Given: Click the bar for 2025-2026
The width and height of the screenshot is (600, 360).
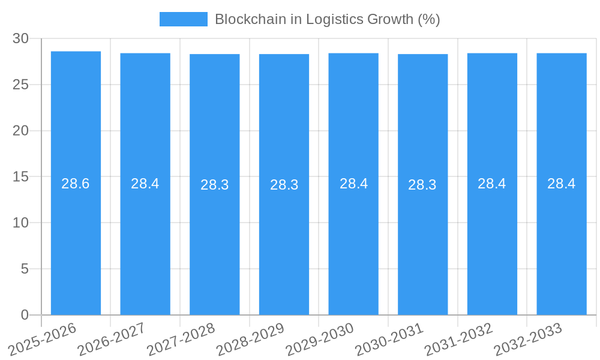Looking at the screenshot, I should pyautogui.click(x=76, y=240).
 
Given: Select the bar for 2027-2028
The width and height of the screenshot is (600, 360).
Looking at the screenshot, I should pyautogui.click(x=215, y=240).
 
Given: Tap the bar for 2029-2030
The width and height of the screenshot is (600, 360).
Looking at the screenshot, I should pyautogui.click(x=353, y=240).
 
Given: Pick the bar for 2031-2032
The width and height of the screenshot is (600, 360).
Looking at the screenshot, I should pyautogui.click(x=492, y=240).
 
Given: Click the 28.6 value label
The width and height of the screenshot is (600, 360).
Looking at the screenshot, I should pyautogui.click(x=76, y=184).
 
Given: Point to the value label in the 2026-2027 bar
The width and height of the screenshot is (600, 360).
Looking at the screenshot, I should pyautogui.click(x=145, y=184).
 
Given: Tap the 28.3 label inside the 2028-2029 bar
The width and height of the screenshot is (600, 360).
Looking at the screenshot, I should pyautogui.click(x=284, y=185).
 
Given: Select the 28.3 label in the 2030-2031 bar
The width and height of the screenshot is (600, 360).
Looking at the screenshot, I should pyautogui.click(x=422, y=185).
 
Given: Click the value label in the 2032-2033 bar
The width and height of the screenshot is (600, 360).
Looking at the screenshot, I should pyautogui.click(x=562, y=184).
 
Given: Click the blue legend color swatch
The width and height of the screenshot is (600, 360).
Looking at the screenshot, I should pyautogui.click(x=183, y=19).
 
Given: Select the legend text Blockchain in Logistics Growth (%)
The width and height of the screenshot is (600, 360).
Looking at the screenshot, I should pyautogui.click(x=328, y=19).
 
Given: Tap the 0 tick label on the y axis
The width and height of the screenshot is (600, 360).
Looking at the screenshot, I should pyautogui.click(x=25, y=315).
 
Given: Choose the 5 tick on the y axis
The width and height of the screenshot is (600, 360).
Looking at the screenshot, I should pyautogui.click(x=25, y=269).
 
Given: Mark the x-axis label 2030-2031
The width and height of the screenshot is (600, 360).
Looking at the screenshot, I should pyautogui.click(x=389, y=340).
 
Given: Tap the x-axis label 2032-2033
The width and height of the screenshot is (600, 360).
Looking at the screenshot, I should pyautogui.click(x=527, y=340).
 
